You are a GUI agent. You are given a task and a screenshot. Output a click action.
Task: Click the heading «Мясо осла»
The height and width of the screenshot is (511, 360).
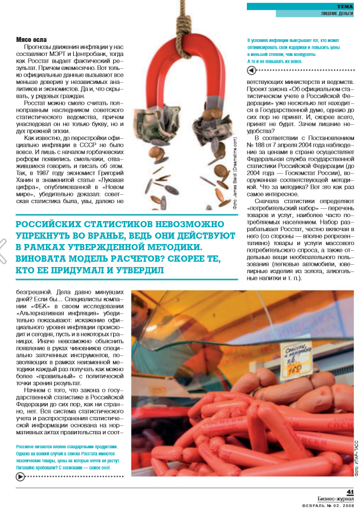pos(31,40)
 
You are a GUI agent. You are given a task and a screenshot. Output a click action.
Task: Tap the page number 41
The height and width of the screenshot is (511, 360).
pos(350,492)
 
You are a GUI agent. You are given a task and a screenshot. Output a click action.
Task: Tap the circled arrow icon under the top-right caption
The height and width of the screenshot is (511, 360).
pos(251,71)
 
